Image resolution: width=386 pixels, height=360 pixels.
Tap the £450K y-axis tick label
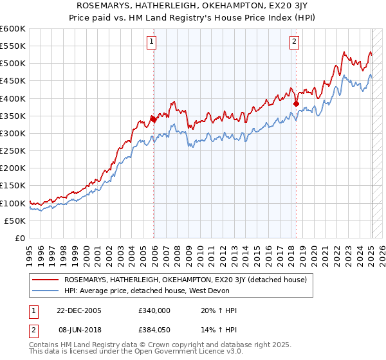click(13, 81)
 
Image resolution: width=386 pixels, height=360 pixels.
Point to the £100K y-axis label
click(13, 203)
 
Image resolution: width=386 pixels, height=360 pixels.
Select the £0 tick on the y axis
click(21, 239)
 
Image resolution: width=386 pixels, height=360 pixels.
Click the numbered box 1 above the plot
click(151, 42)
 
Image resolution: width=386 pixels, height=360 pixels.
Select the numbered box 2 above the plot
click(294, 42)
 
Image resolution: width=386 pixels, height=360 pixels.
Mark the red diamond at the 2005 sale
click(154, 119)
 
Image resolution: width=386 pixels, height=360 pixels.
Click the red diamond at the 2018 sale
click(296, 104)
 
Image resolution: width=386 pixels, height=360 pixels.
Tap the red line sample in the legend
click(46, 280)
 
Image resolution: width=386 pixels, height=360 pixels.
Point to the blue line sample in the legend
click(46, 291)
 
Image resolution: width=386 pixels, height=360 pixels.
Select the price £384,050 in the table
click(154, 330)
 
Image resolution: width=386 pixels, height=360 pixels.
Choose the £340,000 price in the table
click(154, 310)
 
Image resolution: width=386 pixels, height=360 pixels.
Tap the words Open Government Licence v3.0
click(189, 353)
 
